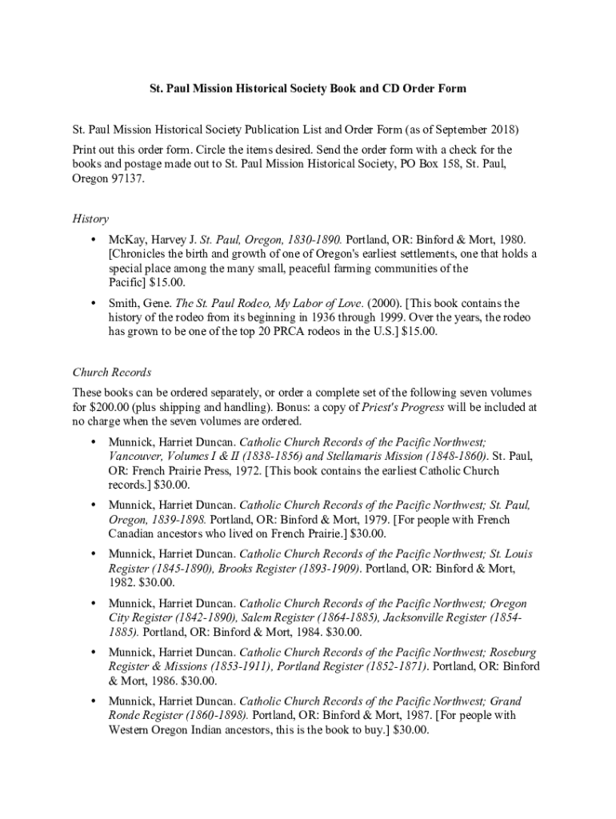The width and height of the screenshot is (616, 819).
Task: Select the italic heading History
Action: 90,218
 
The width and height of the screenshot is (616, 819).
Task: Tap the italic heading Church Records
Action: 112,372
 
